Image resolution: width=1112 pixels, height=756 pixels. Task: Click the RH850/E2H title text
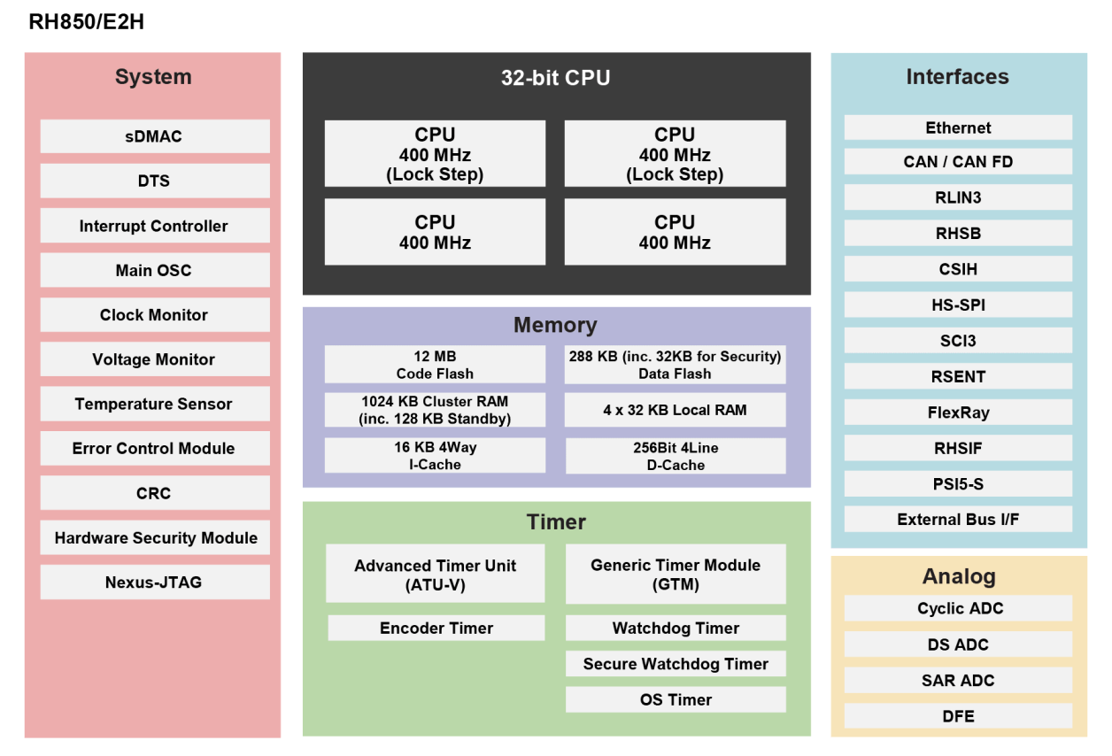coord(86,22)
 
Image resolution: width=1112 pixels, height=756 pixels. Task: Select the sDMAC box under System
coord(154,136)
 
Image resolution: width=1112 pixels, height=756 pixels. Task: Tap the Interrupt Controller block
coord(154,226)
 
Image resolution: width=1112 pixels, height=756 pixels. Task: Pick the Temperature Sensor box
coord(154,404)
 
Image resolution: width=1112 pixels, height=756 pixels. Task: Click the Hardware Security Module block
coord(154,537)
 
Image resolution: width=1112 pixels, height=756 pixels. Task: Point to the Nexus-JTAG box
coord(154,582)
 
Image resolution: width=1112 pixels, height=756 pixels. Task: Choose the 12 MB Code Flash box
coord(435,365)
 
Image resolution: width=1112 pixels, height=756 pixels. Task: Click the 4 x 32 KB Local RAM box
coord(675,410)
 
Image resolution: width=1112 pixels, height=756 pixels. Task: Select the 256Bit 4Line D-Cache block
coord(675,456)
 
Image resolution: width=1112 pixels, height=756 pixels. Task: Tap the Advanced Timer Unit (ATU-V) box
coord(435,575)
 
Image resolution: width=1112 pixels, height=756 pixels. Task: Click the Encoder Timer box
coord(436,628)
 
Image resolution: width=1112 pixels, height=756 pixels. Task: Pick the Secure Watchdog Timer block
coord(675,664)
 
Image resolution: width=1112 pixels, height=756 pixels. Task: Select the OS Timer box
coord(675,699)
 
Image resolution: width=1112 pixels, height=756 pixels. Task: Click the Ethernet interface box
coord(958,127)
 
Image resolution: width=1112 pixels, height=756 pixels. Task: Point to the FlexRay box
coord(958,413)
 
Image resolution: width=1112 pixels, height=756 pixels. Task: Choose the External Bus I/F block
coord(958,520)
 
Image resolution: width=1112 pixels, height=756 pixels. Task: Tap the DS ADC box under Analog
coord(958,644)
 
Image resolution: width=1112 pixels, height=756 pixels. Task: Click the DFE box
coord(958,716)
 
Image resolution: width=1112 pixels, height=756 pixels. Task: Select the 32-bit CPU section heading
coord(555,77)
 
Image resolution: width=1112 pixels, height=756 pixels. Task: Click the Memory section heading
coord(555,325)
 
